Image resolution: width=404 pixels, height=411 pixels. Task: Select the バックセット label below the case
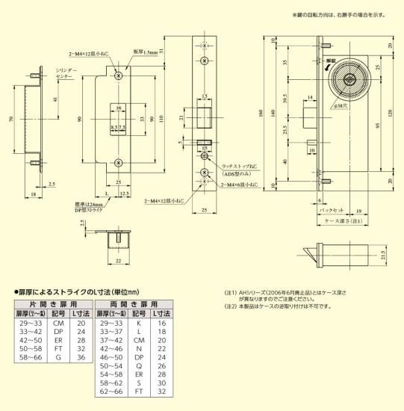pos(326,210)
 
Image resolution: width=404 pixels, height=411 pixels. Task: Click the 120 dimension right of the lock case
pos(390,111)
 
